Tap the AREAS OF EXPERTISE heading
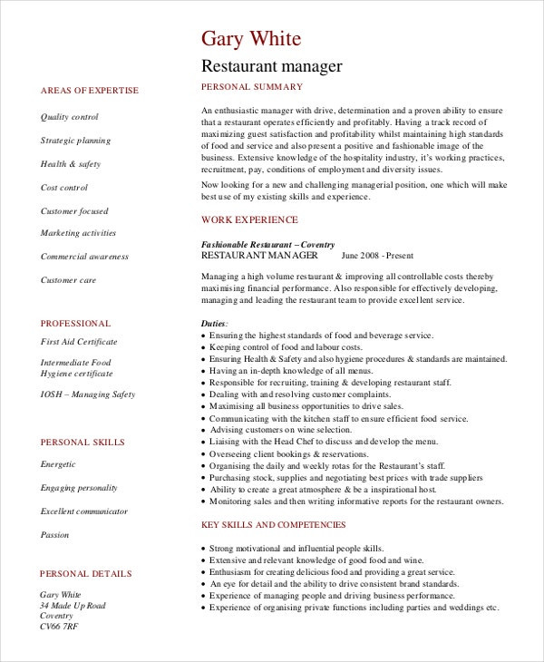pos(90,91)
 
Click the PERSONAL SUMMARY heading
pos(251,87)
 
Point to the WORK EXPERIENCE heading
pos(248,219)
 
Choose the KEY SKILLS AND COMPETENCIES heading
pos(273,525)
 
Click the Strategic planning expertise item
pos(75,141)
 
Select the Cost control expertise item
pos(64,188)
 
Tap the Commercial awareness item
pos(84,257)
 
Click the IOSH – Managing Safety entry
pos(88,394)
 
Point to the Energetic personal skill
pos(59,463)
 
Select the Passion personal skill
pos(55,535)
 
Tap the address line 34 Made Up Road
pos(73,606)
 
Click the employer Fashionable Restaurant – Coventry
pos(267,245)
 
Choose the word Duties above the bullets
pos(214,323)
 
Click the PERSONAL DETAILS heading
pos(86,574)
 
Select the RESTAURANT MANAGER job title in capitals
pos(257,256)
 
